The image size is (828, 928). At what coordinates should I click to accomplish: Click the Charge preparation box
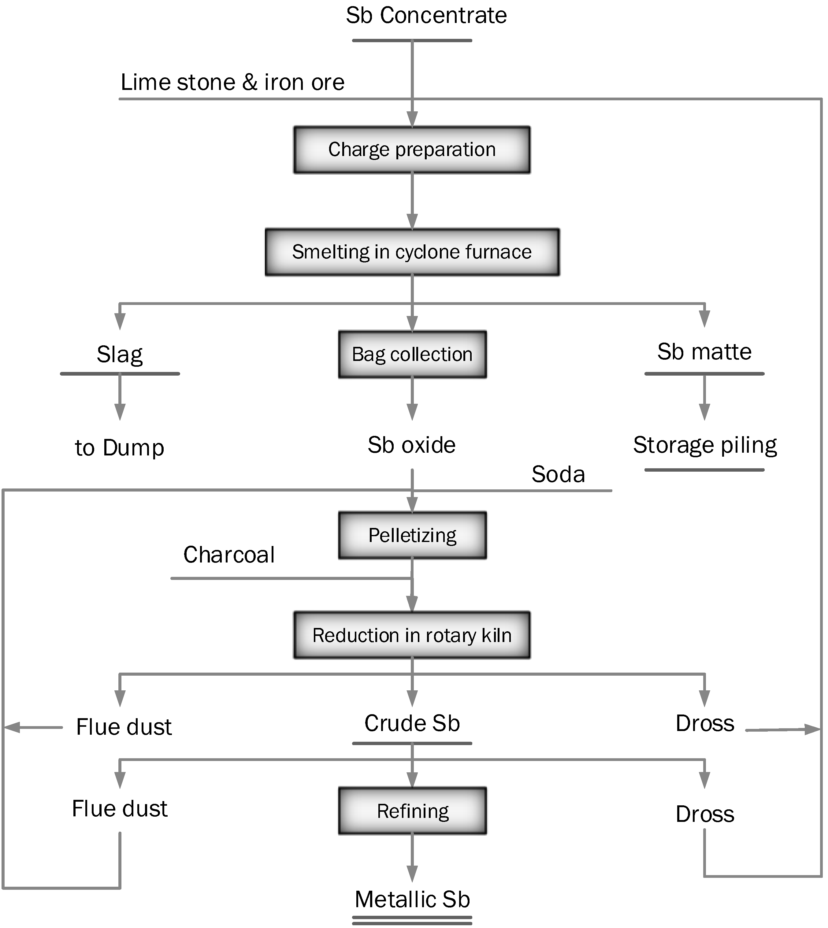(412, 150)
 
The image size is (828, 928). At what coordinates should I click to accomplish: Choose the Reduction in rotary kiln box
(412, 635)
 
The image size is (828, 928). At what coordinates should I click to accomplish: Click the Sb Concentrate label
(426, 16)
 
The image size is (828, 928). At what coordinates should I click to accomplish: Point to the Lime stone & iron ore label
(232, 82)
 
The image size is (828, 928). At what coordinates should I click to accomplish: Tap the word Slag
(120, 354)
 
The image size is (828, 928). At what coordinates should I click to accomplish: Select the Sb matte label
(704, 352)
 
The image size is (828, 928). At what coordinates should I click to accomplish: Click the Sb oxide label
(412, 445)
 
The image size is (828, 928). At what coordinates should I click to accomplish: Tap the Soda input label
(558, 474)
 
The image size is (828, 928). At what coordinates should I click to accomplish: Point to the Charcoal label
(229, 555)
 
